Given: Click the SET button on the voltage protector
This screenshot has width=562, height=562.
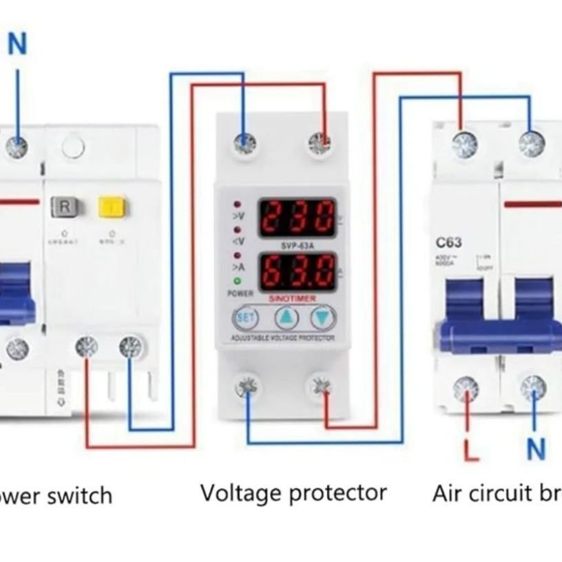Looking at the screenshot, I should pyautogui.click(x=245, y=318).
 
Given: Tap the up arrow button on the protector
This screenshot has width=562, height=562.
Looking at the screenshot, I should pyautogui.click(x=285, y=318).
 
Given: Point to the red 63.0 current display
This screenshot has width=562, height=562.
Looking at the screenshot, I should pyautogui.click(x=297, y=271).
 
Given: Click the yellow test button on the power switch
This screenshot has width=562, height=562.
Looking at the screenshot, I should pyautogui.click(x=110, y=205).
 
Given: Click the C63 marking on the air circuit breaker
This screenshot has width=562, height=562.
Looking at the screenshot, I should pyautogui.click(x=448, y=242).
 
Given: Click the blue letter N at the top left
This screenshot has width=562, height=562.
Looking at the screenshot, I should pyautogui.click(x=17, y=45).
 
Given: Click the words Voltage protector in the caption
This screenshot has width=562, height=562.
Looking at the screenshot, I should pyautogui.click(x=293, y=493).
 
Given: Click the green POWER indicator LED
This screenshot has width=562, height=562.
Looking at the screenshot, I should pyautogui.click(x=237, y=280).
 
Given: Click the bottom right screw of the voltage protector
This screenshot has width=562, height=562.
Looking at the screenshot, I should pyautogui.click(x=320, y=386).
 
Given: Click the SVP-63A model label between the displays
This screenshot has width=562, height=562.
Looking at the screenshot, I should pyautogui.click(x=297, y=244).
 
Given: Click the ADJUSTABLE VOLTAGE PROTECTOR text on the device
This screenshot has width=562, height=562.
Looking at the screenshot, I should pyautogui.click(x=282, y=338).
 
